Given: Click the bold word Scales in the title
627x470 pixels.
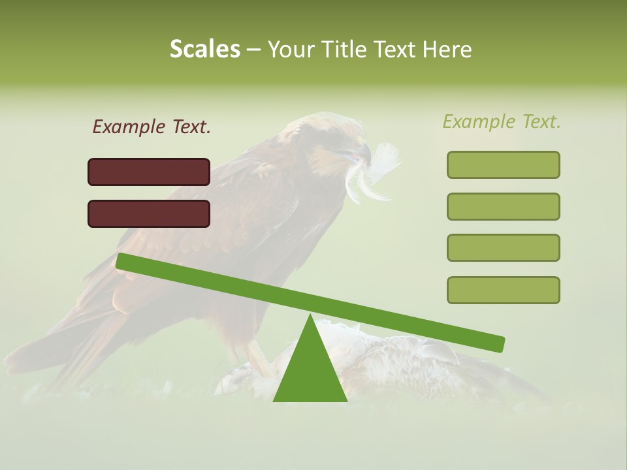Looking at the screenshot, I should (x=205, y=50).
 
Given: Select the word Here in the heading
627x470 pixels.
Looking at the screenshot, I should (x=448, y=50).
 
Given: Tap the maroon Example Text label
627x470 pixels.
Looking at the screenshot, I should (x=152, y=127).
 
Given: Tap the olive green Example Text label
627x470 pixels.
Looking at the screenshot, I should (x=502, y=121).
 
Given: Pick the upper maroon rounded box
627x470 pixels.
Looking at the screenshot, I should (x=149, y=172).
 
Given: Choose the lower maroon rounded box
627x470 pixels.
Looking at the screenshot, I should (x=149, y=213).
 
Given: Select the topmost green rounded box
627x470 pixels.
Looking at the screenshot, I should (x=503, y=164).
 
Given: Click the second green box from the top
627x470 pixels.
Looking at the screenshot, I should (x=503, y=206).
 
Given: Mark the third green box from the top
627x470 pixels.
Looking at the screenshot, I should (x=503, y=248).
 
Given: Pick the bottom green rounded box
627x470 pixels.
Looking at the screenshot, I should (x=503, y=290).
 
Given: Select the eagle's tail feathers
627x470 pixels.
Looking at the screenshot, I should (x=46, y=356).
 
